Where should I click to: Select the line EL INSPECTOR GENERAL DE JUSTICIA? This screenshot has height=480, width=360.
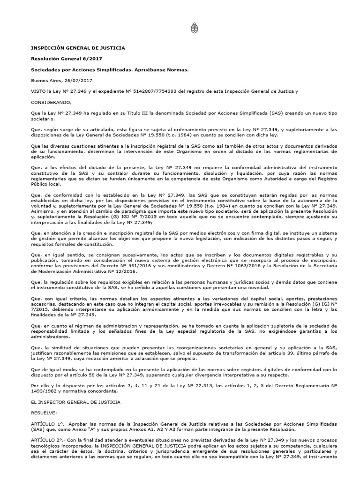pyautogui.click(x=75, y=402)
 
